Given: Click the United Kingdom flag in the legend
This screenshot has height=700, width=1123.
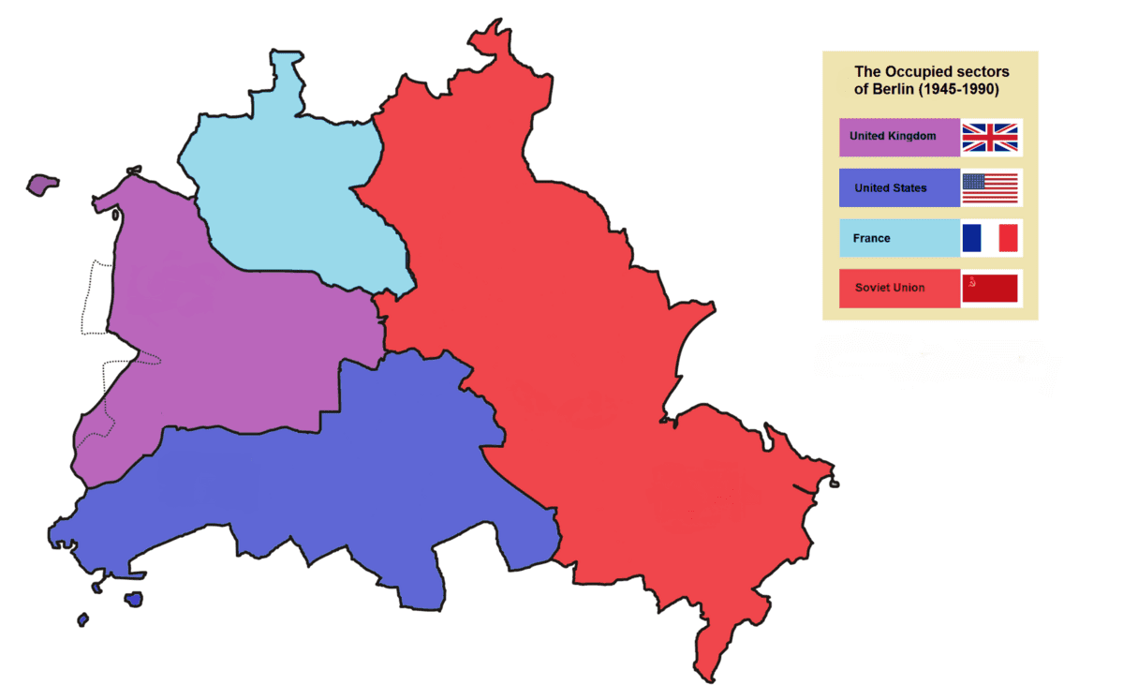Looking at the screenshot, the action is point(990,137).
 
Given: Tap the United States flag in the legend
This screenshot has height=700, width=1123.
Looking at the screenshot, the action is point(990,187).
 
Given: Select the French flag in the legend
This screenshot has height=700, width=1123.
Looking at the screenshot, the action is point(990,238).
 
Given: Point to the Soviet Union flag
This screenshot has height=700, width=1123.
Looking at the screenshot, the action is point(990,289).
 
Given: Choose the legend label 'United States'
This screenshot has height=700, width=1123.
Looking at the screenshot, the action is point(890,188).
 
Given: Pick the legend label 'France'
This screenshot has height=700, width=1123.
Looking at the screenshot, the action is point(871,238).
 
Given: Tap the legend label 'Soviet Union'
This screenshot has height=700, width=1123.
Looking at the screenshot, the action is point(889,288).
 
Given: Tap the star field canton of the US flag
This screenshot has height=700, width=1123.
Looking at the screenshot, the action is point(974,182).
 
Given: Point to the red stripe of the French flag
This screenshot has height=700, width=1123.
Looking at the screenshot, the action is point(1008,238).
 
